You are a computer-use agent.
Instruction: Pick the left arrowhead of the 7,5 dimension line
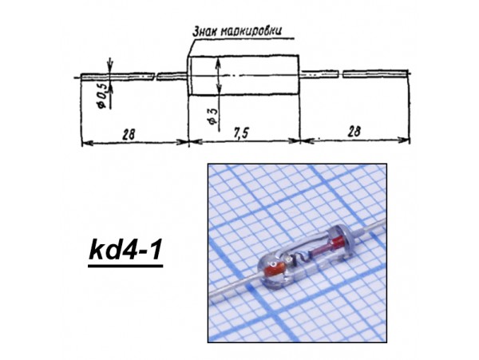point(192,144)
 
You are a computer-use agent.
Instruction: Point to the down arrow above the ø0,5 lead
point(109,67)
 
